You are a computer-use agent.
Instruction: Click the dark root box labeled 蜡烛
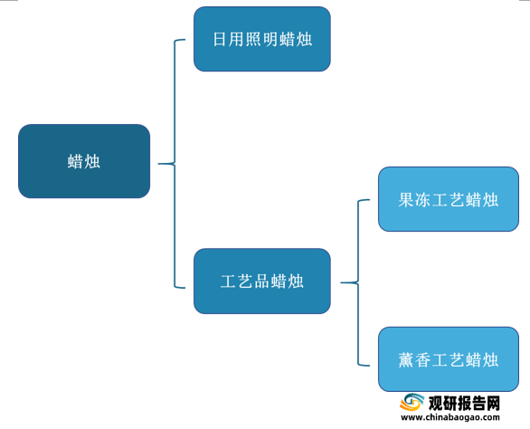click(x=84, y=161)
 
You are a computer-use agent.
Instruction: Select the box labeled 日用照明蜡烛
click(x=262, y=39)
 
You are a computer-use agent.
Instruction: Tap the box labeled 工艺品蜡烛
click(x=262, y=281)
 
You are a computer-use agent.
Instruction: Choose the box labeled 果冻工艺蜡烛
click(x=449, y=199)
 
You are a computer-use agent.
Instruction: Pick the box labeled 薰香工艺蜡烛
click(x=449, y=359)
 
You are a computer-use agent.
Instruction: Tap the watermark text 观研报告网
click(x=464, y=404)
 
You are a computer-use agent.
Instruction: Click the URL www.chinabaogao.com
click(x=450, y=417)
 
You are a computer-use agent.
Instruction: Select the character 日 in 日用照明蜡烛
click(x=220, y=39)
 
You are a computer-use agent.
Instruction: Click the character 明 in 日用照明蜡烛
click(x=270, y=39)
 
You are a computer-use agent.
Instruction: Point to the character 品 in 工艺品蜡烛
click(x=261, y=281)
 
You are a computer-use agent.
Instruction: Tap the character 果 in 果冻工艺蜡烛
click(x=406, y=200)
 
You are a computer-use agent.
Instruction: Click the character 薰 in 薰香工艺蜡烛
click(x=406, y=359)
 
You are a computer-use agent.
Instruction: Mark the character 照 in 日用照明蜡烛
click(x=253, y=39)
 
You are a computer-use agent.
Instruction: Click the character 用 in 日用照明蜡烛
click(x=236, y=39)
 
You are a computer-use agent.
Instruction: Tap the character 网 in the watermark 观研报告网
click(x=493, y=404)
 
